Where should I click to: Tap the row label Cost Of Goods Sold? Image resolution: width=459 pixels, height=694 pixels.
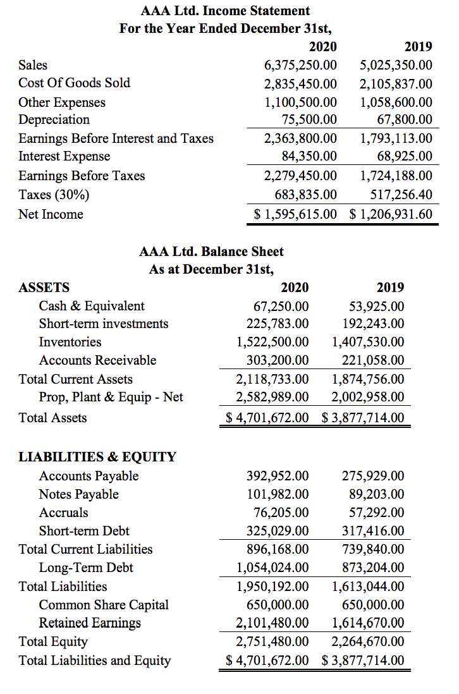coord(74,83)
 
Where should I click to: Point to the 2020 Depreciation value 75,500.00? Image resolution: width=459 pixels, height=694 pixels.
coord(309,119)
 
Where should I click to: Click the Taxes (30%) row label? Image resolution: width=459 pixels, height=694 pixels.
coord(54,194)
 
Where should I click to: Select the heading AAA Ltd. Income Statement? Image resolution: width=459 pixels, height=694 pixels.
coord(226,11)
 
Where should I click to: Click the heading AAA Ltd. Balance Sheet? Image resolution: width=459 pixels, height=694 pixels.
coord(211,252)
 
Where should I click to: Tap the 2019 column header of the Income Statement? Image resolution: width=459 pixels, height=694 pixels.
coord(418,46)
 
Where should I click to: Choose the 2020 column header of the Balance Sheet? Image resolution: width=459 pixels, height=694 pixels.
coord(295,288)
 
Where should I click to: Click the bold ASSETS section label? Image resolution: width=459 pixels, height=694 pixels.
coord(44,288)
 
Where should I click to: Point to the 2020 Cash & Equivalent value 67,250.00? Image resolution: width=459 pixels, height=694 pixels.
coord(281,306)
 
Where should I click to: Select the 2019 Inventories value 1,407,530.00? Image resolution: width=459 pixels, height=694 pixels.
coord(369,342)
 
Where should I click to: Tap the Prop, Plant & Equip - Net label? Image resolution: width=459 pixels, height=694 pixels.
coord(111,397)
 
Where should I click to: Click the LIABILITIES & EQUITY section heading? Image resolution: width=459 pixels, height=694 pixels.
coord(97,457)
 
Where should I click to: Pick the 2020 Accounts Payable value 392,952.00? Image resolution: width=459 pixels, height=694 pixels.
coord(278,476)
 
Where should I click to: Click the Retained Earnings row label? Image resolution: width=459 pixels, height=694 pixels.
coord(90,623)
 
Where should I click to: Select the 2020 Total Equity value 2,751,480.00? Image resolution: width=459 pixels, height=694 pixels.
coord(272,642)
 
